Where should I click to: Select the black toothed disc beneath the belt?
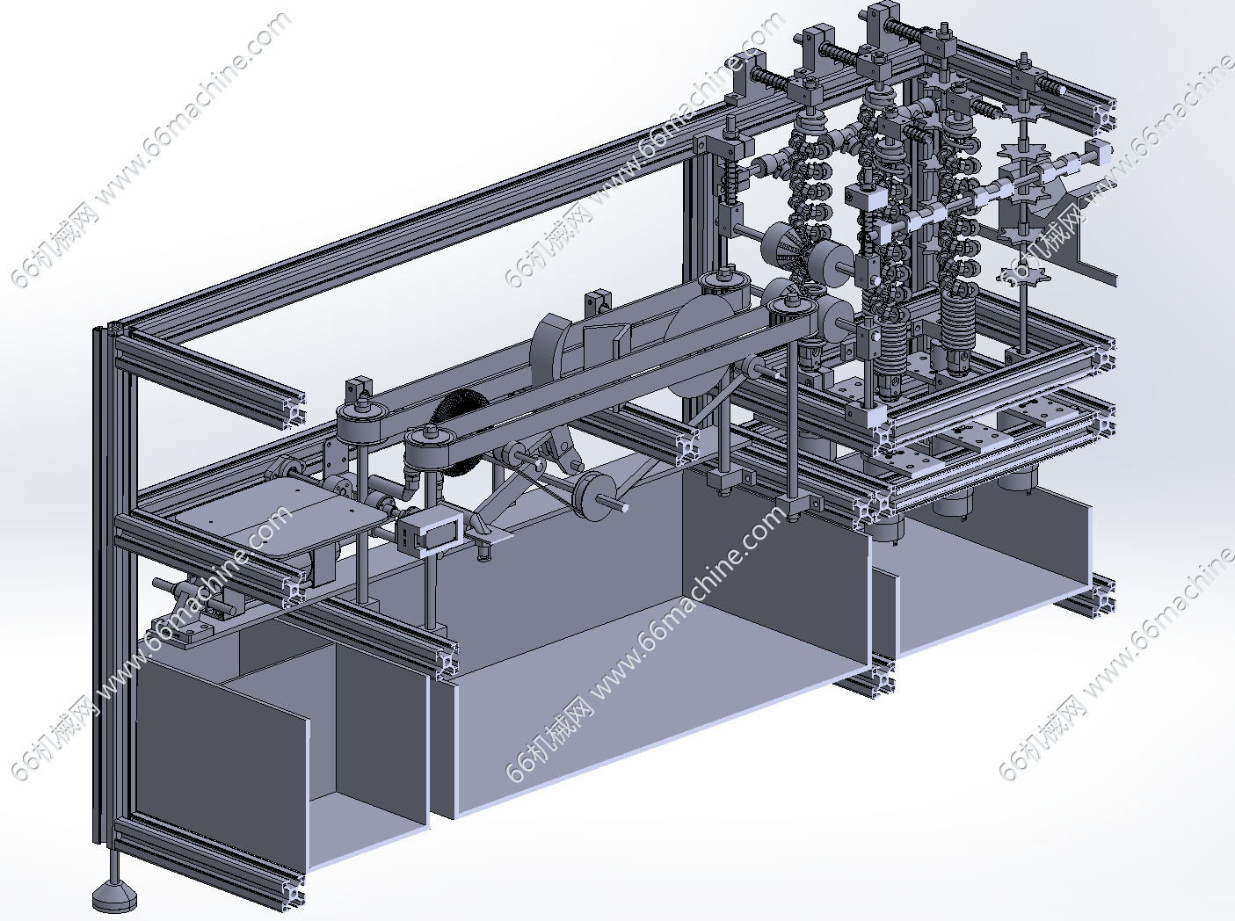pos(461,427)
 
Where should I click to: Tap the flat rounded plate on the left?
pos(281,519)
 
